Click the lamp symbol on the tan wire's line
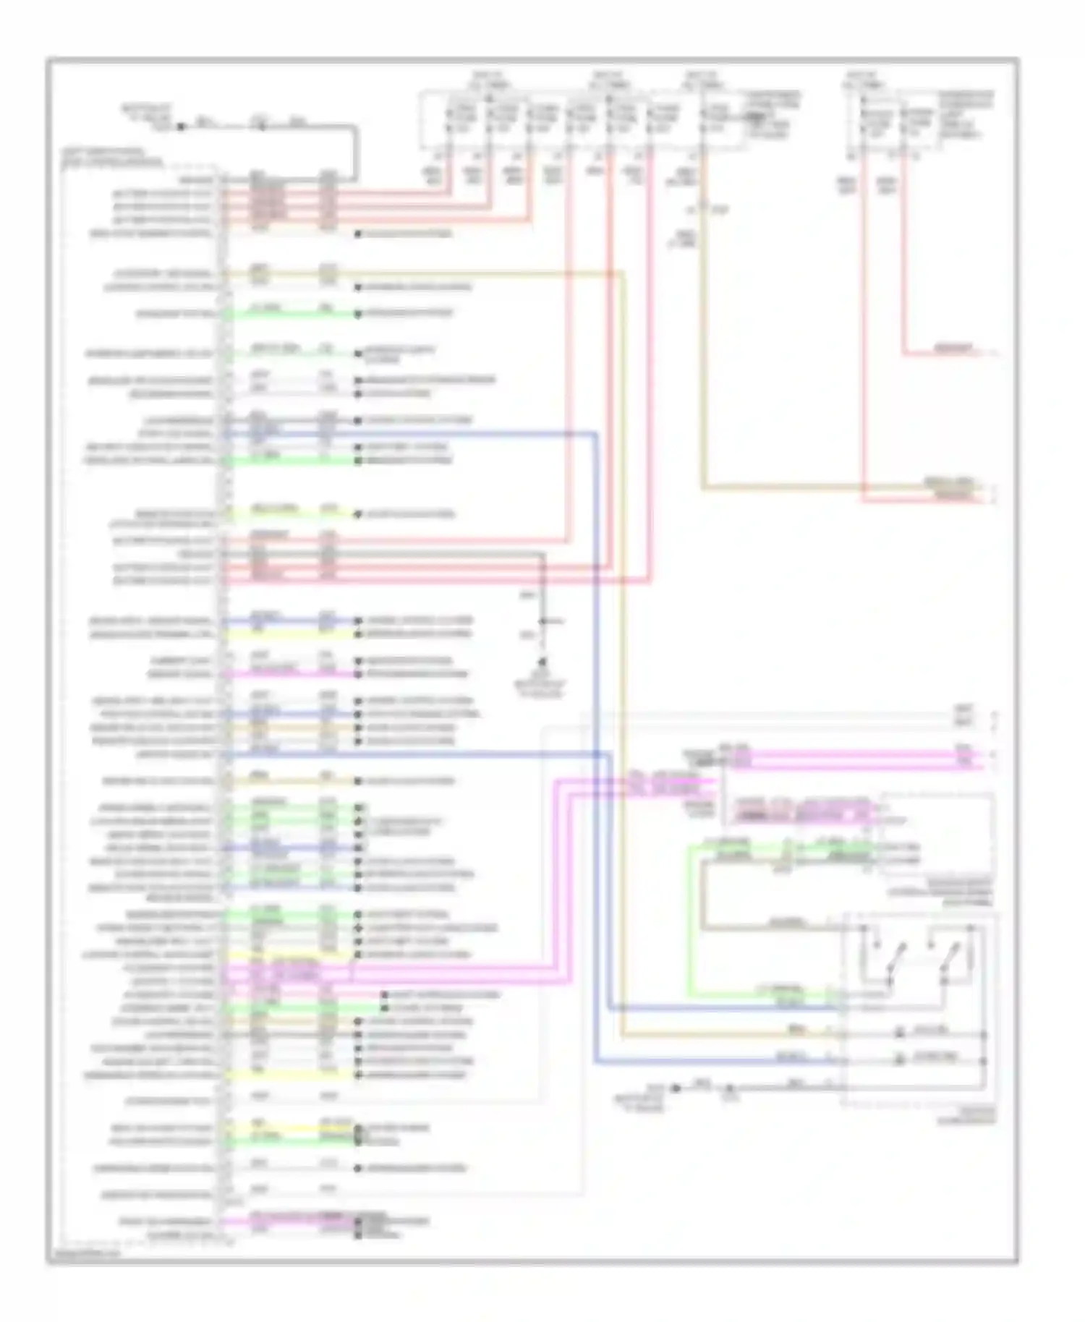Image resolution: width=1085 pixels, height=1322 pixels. [x=899, y=1033]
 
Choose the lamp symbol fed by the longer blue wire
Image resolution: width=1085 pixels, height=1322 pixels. [x=899, y=1059]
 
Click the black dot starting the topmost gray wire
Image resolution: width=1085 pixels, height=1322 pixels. [x=182, y=126]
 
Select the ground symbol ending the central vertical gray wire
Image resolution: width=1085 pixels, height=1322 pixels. [x=542, y=662]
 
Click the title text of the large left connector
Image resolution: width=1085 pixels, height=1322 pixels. [x=112, y=158]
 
